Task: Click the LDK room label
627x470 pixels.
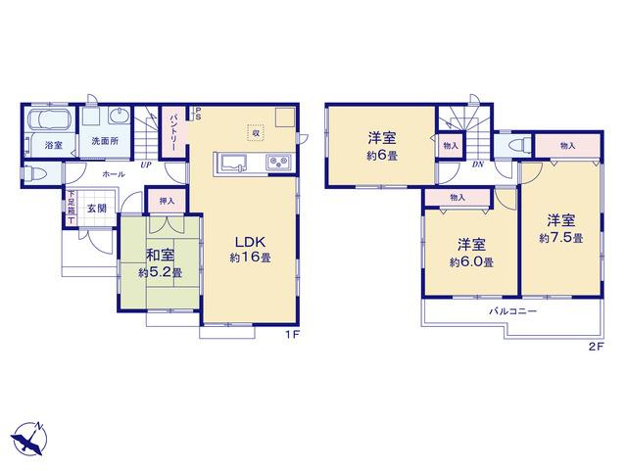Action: [x=250, y=242]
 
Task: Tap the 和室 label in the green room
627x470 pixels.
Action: [x=161, y=256]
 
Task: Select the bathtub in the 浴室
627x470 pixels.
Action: [x=50, y=118]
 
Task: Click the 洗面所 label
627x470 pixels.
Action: [x=105, y=141]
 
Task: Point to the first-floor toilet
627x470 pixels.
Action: [x=35, y=174]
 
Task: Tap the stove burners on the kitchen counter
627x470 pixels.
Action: [x=279, y=163]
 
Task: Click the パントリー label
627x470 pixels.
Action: [x=174, y=132]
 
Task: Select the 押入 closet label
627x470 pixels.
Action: [x=168, y=201]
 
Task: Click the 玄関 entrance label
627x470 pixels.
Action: [x=97, y=209]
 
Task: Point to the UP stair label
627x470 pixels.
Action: [x=145, y=164]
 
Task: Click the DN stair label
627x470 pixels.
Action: [x=477, y=164]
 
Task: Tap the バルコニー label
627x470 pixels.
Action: [x=513, y=311]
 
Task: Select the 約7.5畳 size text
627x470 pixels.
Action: [x=561, y=239]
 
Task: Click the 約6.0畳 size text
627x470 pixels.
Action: [x=471, y=262]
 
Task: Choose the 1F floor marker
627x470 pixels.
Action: [x=292, y=335]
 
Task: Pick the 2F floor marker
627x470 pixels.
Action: [x=596, y=347]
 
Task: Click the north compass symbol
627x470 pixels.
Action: [x=28, y=438]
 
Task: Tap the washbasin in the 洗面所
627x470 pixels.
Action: [x=120, y=116]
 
